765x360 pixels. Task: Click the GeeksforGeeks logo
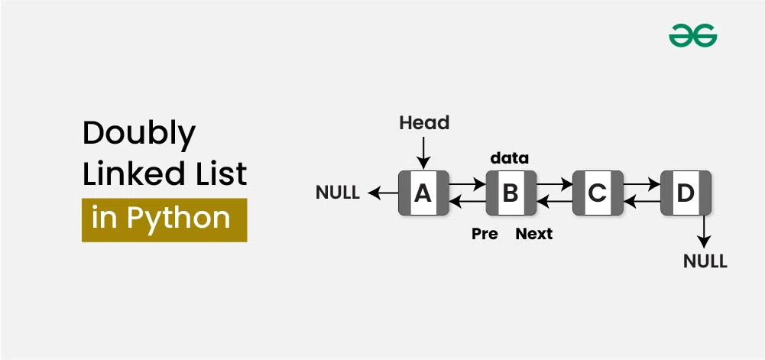pos(693,35)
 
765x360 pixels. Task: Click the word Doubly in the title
pos(139,134)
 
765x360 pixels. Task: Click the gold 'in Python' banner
pos(164,219)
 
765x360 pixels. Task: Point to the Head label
pos(424,122)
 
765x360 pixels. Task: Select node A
pos(423,193)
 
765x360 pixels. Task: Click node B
pos(510,193)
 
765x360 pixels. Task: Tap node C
pos(597,193)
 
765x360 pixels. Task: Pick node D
pos(686,193)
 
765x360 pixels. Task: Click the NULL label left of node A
pos(338,193)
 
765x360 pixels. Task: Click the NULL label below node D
pos(705,262)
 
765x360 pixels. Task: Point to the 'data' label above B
pos(509,158)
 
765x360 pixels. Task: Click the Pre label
pos(485,234)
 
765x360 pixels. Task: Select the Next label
pos(533,234)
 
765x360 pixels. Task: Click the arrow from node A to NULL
pos(383,193)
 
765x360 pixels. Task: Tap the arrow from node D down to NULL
pos(705,230)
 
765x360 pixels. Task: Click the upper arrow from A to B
pos(466,184)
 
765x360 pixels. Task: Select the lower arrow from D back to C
pos(642,202)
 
